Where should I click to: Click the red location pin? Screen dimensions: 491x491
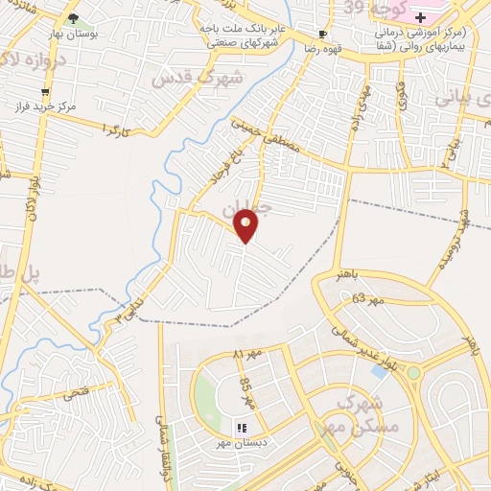click(x=246, y=225)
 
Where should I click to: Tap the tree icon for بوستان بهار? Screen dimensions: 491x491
click(x=74, y=18)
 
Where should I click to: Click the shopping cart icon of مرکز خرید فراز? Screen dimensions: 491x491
click(x=45, y=93)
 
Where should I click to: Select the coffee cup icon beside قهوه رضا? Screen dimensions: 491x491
click(x=322, y=33)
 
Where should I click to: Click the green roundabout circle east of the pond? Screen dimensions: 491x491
click(x=414, y=372)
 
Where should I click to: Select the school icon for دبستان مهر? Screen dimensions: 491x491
click(x=241, y=428)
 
